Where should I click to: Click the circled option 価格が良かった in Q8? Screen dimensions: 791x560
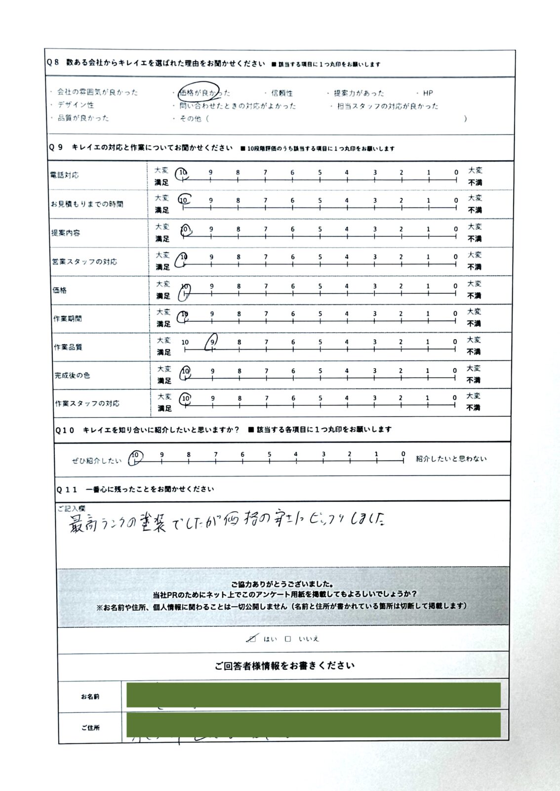202,92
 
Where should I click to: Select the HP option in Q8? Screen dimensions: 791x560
428,93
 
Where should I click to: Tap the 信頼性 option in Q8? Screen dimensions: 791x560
281,93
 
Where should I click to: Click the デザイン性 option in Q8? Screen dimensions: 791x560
75,105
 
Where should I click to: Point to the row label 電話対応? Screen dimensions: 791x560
65,175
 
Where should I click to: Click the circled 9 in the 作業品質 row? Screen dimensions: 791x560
212,341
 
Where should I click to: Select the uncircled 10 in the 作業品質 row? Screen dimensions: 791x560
185,342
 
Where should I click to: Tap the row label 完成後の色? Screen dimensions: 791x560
72,375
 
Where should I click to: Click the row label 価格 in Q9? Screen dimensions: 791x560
60,290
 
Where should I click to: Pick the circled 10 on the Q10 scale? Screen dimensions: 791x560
135,455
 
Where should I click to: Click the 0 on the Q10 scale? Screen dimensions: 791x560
403,454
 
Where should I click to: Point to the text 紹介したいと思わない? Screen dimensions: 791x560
451,459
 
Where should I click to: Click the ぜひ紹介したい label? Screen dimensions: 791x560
97,461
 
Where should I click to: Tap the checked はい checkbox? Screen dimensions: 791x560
252,639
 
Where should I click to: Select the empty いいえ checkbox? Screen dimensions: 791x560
288,639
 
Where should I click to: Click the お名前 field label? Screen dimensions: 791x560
90,697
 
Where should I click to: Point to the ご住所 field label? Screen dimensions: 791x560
90,728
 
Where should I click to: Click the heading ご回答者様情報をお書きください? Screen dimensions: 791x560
284,666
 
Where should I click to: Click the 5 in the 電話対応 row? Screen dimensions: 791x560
320,173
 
